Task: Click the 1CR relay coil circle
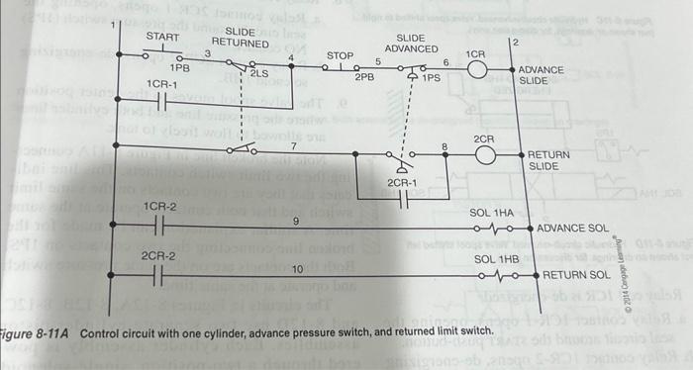click(478, 69)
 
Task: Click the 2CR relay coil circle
click(484, 156)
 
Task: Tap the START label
click(162, 38)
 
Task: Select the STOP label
click(340, 55)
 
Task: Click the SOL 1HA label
click(492, 213)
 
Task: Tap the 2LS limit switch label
click(258, 73)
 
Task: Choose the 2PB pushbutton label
click(363, 76)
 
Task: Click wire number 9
click(295, 221)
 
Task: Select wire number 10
click(296, 269)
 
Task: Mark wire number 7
click(293, 145)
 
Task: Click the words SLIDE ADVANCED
click(411, 43)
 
